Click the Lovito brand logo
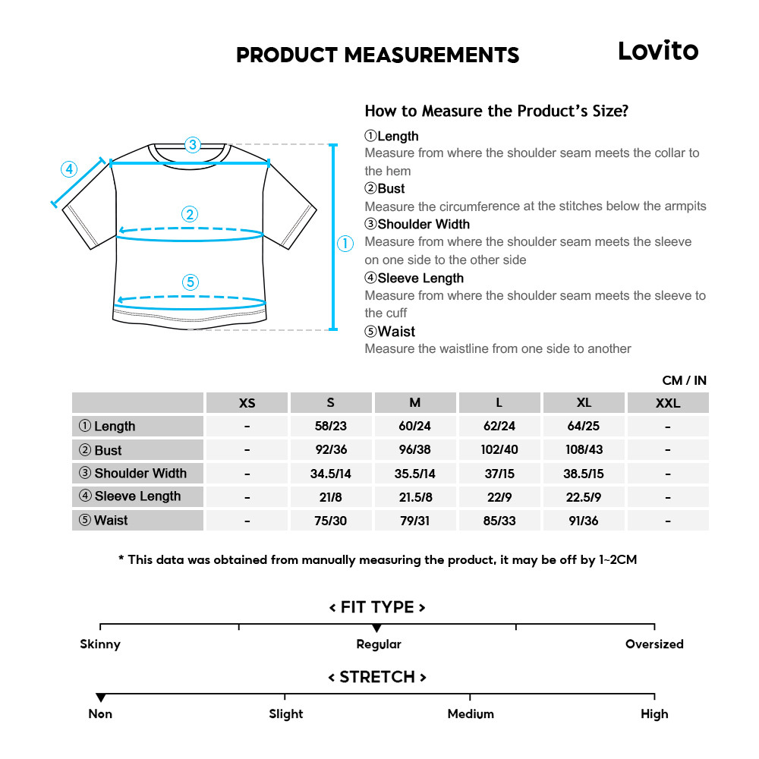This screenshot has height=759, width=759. [657, 51]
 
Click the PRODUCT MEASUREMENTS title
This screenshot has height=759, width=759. [377, 55]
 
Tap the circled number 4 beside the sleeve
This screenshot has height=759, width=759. [69, 168]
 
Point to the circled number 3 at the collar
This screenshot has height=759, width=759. [193, 144]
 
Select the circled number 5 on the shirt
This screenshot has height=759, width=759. [191, 282]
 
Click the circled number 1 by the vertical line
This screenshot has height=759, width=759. [345, 244]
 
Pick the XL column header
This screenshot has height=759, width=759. [584, 403]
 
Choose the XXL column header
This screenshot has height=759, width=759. [668, 403]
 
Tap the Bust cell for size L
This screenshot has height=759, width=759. [499, 449]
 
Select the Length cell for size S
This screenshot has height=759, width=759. [330, 427]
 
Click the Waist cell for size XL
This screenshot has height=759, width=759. [584, 521]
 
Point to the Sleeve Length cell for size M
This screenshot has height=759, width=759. [414, 497]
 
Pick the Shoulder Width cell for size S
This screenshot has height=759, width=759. [330, 474]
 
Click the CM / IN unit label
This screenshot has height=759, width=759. [684, 380]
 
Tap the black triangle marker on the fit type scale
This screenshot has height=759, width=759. [376, 628]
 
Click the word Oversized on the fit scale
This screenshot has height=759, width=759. [654, 644]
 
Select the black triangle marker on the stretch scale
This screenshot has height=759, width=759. [100, 698]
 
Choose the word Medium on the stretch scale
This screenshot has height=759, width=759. [471, 714]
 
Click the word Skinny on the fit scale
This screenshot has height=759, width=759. [100, 644]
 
